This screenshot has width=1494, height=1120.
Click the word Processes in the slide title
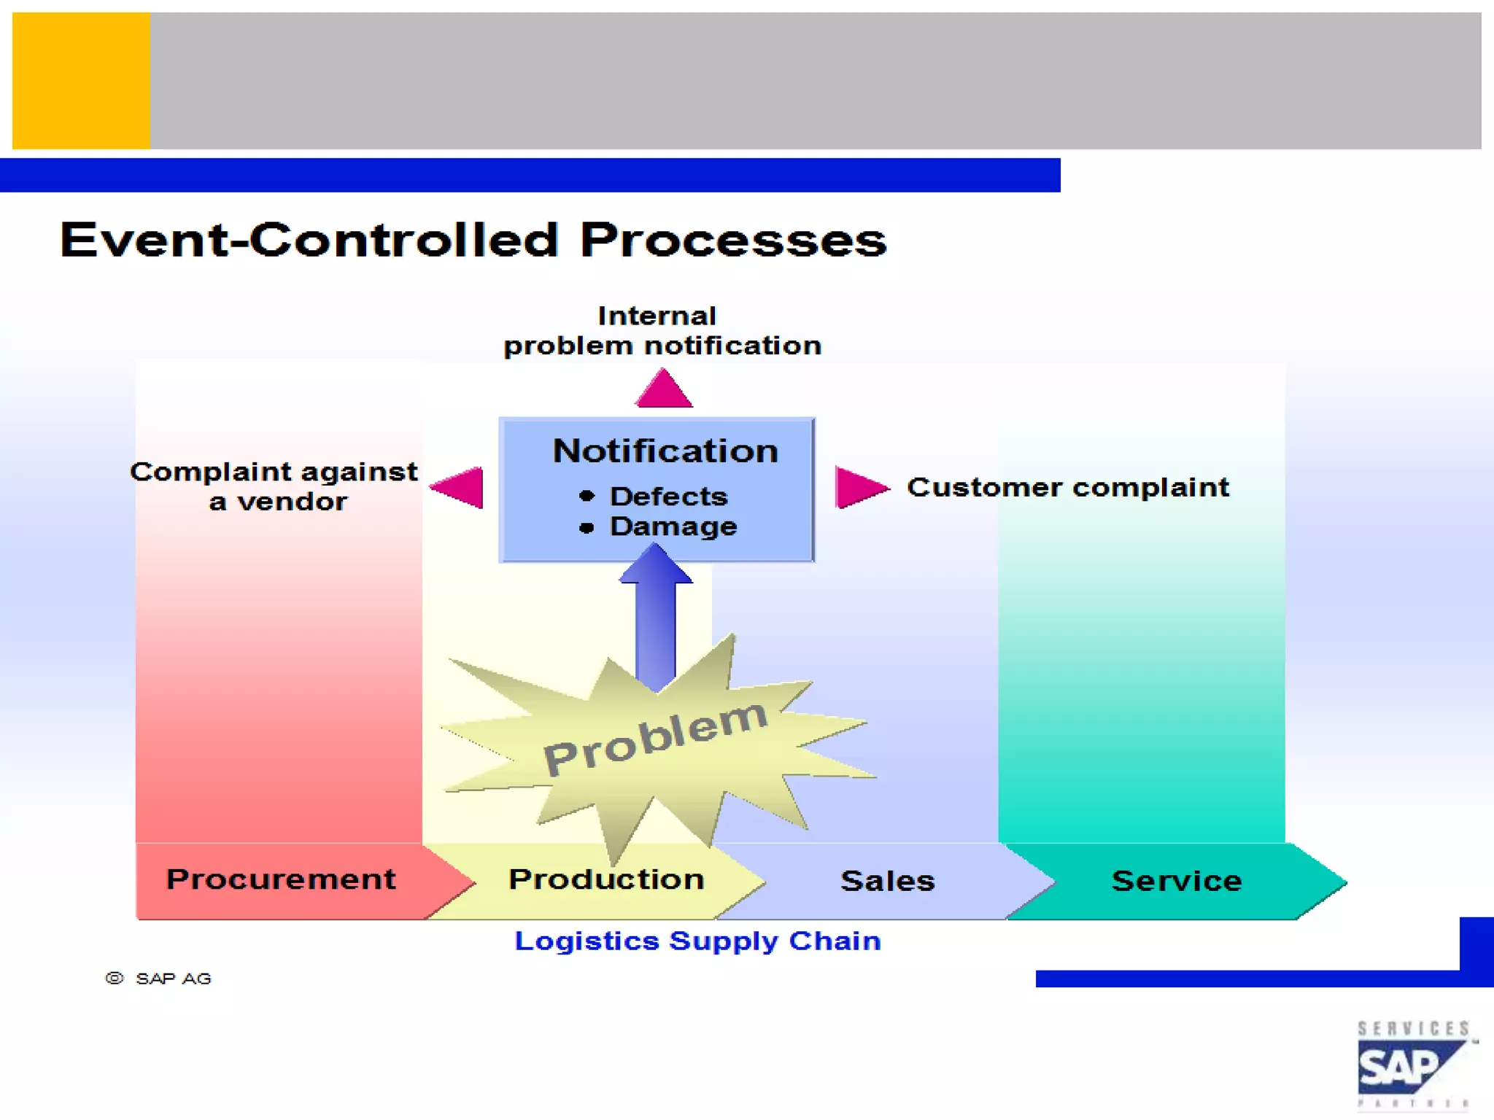point(732,240)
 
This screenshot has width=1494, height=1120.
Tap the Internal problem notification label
point(662,331)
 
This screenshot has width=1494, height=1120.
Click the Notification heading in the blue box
point(665,451)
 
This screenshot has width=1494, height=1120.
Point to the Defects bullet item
point(667,497)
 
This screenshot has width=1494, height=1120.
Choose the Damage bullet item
point(672,526)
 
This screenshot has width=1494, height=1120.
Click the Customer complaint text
point(1067,487)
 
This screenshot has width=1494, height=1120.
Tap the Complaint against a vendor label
point(274,486)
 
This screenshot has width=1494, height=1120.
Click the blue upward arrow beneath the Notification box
point(655,620)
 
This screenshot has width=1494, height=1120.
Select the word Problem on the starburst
point(655,737)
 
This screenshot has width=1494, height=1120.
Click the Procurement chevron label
point(281,879)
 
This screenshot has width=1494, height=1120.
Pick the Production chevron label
point(605,879)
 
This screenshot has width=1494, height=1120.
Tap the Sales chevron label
point(887,881)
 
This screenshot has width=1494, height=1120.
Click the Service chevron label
point(1176,881)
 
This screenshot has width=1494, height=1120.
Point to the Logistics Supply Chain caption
point(697,941)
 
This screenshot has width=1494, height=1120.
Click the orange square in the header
point(81,80)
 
